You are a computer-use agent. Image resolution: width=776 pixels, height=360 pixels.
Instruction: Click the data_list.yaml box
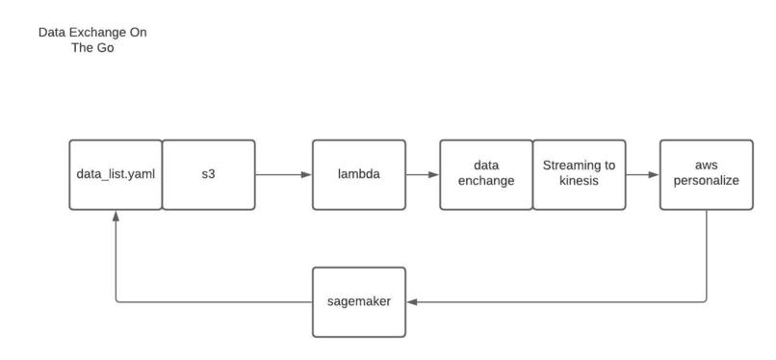115,175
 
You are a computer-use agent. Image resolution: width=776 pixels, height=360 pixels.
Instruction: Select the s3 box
208,175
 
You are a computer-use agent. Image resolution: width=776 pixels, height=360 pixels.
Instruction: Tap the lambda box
359,175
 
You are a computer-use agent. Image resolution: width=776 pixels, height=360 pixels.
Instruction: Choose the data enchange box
485,175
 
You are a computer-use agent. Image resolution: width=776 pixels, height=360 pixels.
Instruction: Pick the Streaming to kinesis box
579,175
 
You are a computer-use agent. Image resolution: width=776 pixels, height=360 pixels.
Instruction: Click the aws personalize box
707,175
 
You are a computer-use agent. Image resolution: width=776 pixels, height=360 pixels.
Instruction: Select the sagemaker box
359,302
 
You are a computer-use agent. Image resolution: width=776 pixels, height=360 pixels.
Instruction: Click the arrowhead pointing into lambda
306,175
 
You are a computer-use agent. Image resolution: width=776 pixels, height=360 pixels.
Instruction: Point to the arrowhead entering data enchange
434,175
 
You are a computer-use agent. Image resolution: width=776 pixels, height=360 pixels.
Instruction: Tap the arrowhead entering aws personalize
654,175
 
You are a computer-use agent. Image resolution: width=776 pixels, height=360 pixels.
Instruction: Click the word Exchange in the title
95,33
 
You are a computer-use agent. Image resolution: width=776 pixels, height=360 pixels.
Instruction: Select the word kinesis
579,182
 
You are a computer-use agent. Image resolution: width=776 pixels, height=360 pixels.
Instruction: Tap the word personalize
707,182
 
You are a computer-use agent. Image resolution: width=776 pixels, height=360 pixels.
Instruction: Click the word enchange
485,182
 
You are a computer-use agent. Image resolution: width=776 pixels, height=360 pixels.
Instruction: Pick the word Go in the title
106,47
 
